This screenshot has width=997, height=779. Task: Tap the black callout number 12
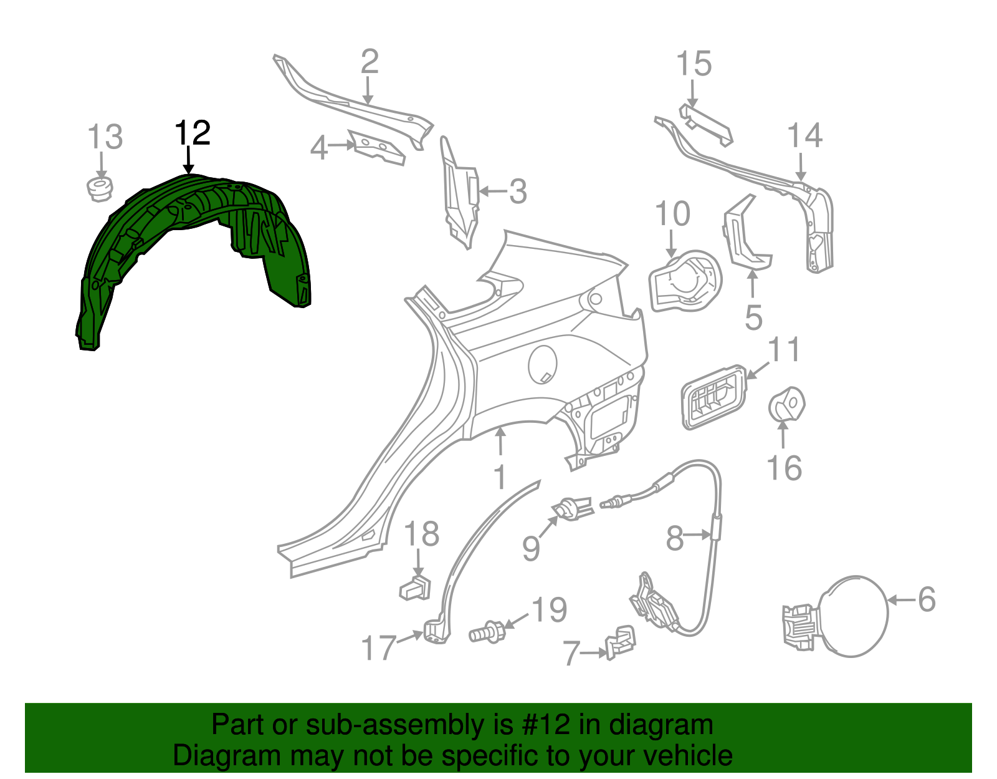click(x=193, y=133)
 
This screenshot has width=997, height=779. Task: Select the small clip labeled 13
click(x=99, y=188)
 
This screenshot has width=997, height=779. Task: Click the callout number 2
click(x=370, y=62)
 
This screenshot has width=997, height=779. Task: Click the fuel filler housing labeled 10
click(x=684, y=281)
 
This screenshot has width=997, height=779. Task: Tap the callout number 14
click(x=804, y=136)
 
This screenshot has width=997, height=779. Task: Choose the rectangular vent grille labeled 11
click(x=713, y=397)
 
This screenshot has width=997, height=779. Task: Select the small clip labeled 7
click(x=621, y=642)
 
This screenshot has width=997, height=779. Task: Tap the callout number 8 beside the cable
click(x=675, y=538)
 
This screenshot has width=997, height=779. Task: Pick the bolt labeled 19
click(x=487, y=631)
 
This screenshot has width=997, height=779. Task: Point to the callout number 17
click(x=379, y=647)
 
